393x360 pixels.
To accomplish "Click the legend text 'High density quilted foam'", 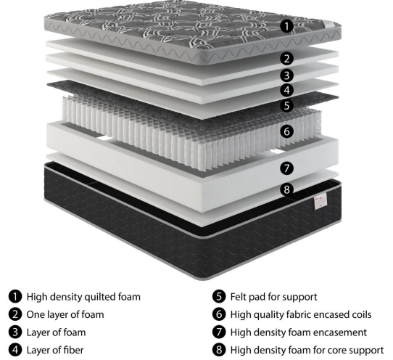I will click(83, 297).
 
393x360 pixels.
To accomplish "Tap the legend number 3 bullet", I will click(15, 333).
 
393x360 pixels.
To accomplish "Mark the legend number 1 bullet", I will click(15, 297).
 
